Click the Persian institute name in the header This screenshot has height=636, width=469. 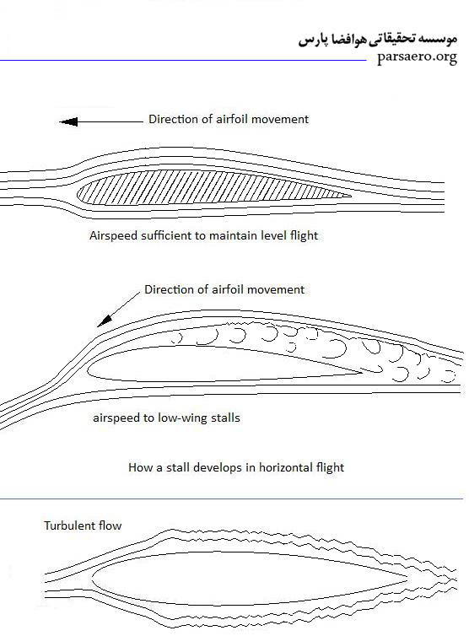[378, 40]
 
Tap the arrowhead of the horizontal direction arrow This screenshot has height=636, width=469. [68, 121]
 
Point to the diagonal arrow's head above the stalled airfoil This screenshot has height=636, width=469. [104, 321]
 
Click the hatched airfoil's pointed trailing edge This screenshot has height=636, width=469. [351, 196]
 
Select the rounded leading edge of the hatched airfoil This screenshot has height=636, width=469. [78, 192]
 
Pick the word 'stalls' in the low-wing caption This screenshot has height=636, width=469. [225, 418]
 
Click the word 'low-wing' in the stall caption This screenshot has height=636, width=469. [182, 418]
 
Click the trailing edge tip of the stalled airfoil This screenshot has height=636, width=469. [361, 373]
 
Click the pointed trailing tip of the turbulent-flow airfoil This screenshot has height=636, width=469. [407, 580]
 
